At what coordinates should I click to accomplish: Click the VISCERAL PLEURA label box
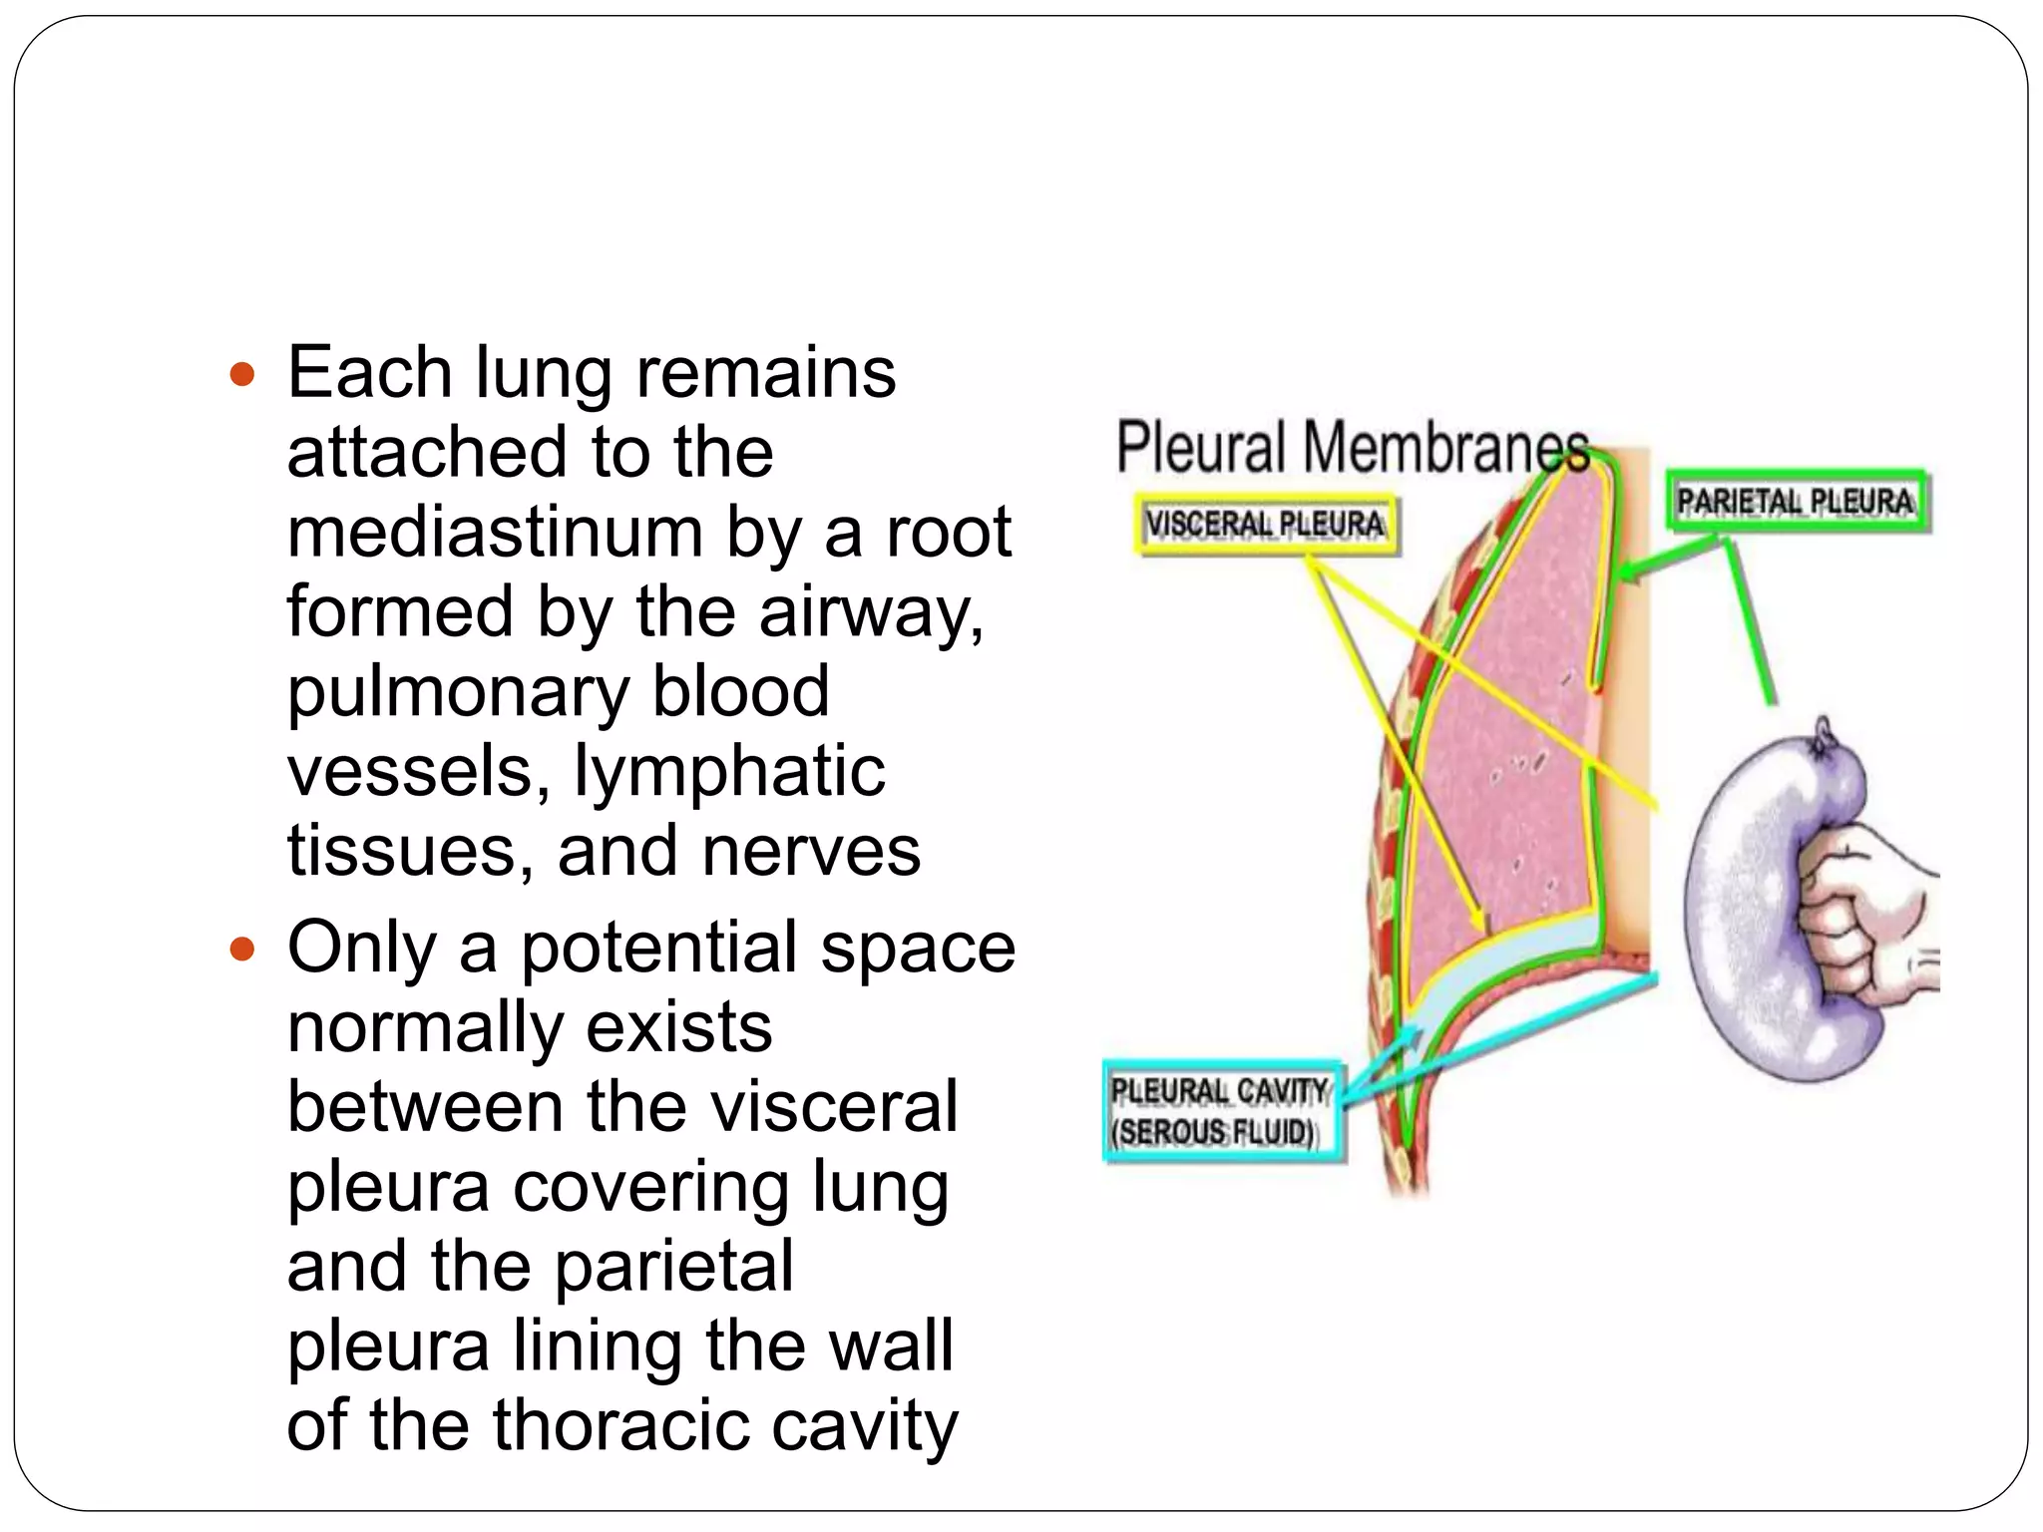tap(1267, 525)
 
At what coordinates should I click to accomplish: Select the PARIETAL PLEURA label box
tap(1797, 502)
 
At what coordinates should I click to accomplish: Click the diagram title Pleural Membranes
tap(1352, 447)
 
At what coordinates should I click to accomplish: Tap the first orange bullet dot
tap(242, 375)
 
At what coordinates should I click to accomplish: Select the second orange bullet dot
tap(242, 948)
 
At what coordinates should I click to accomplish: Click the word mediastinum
tap(496, 532)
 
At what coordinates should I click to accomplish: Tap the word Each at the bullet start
tap(370, 372)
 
